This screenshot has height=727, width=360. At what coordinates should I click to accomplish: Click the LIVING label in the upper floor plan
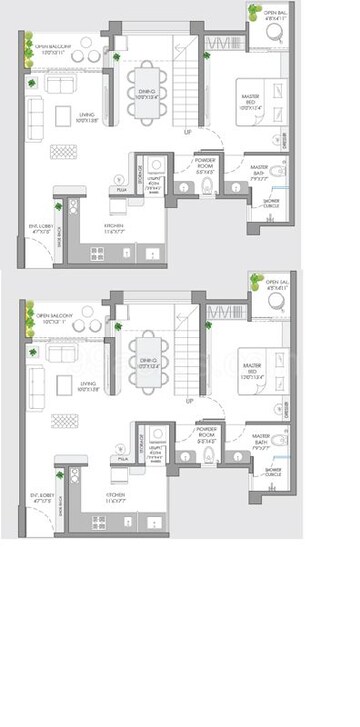86,118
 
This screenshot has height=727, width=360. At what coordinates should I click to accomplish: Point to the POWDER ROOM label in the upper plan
207,158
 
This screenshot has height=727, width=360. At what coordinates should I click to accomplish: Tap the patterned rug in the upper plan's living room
64,151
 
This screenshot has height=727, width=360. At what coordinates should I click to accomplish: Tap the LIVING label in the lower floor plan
86,383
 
